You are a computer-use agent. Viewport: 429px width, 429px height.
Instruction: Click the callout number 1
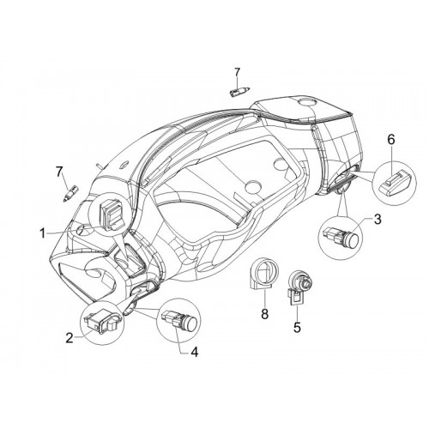point(42,233)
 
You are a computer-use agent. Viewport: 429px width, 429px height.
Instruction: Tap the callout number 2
point(69,338)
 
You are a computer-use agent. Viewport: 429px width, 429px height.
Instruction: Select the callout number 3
point(378,220)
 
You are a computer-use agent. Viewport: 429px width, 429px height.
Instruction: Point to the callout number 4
point(194,352)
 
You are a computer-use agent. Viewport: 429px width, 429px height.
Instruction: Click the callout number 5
point(298,328)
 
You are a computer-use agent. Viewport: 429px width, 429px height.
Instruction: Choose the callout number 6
point(391,139)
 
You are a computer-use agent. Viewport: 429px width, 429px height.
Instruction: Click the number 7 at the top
point(238,73)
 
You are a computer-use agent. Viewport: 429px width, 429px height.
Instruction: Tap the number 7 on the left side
point(59,172)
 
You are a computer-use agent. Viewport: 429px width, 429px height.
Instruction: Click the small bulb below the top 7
point(239,92)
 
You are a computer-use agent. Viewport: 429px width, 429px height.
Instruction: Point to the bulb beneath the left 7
point(70,193)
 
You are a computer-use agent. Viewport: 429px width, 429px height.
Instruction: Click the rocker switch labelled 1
point(111,213)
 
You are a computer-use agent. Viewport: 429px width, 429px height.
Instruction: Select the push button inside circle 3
point(340,236)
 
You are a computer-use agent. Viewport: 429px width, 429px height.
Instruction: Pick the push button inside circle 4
point(179,320)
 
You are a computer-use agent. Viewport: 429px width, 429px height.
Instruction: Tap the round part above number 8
point(263,275)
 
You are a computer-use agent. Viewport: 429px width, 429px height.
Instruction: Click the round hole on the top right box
point(306,101)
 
